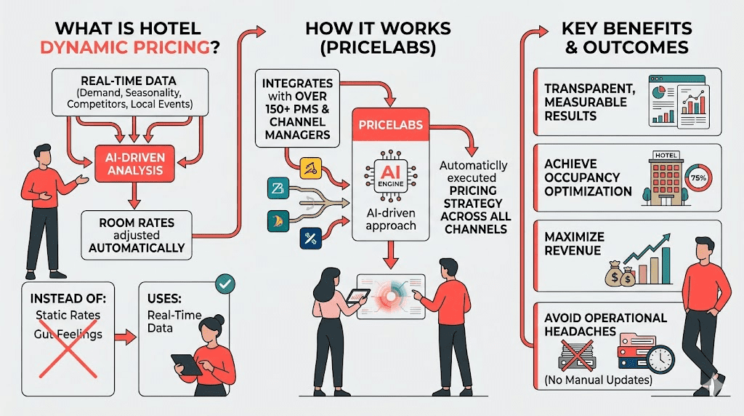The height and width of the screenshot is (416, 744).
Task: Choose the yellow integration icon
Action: (310, 169)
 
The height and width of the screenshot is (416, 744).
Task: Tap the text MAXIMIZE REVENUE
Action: (573, 243)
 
